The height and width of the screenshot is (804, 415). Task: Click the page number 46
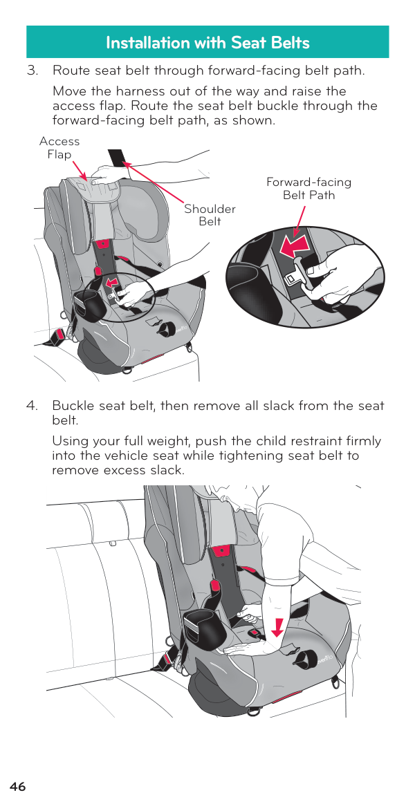click(x=17, y=787)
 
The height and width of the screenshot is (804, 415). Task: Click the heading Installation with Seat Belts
click(x=207, y=43)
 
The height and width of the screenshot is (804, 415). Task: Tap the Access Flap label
click(x=59, y=148)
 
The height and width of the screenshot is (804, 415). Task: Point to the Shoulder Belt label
click(x=210, y=216)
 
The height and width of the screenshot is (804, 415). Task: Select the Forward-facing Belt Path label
click(x=308, y=188)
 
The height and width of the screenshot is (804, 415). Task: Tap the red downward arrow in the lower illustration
click(x=277, y=626)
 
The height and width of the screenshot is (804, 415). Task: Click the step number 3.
click(x=33, y=71)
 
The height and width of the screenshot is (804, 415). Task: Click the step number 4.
click(x=33, y=406)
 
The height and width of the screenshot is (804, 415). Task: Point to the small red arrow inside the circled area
click(x=109, y=283)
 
